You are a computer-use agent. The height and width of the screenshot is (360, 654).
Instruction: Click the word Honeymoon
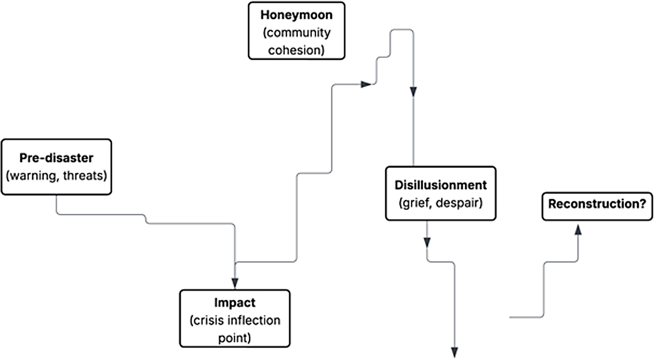[x=296, y=15]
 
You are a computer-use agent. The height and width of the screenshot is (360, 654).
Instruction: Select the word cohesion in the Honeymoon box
[x=296, y=50]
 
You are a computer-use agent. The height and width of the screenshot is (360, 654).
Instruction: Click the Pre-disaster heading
[x=56, y=158]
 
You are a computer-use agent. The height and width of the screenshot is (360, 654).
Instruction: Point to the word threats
[x=85, y=175]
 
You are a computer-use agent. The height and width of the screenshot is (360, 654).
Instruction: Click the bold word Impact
[x=235, y=303]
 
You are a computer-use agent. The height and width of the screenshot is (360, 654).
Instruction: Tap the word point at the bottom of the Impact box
[x=234, y=338]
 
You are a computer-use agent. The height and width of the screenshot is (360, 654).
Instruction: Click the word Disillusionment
[x=441, y=185]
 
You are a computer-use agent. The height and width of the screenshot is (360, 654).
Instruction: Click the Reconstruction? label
[x=597, y=204]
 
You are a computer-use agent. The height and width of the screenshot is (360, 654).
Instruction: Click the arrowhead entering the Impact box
[x=235, y=283]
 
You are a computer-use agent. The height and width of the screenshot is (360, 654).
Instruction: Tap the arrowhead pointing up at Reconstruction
[x=578, y=230]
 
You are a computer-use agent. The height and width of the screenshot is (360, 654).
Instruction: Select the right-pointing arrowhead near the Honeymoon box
[x=366, y=84]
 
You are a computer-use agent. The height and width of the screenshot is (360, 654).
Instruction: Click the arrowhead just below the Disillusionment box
[x=427, y=242]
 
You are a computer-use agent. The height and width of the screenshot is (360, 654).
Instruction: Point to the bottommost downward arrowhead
[x=455, y=352]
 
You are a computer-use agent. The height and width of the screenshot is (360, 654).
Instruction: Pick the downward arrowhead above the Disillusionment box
[x=413, y=92]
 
